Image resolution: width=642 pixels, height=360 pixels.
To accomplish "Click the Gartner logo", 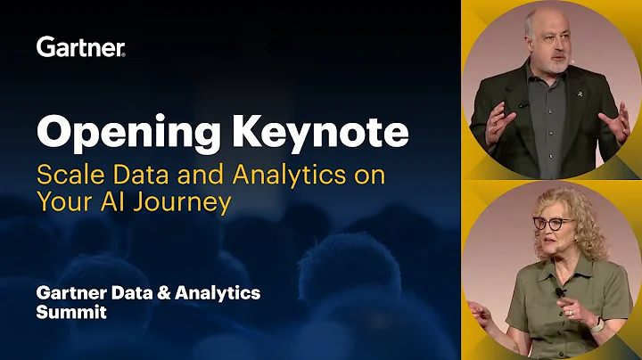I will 80,46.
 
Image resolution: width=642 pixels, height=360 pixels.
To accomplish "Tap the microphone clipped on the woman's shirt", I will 560,292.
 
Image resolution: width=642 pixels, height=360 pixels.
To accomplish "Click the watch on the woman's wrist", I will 597,325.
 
